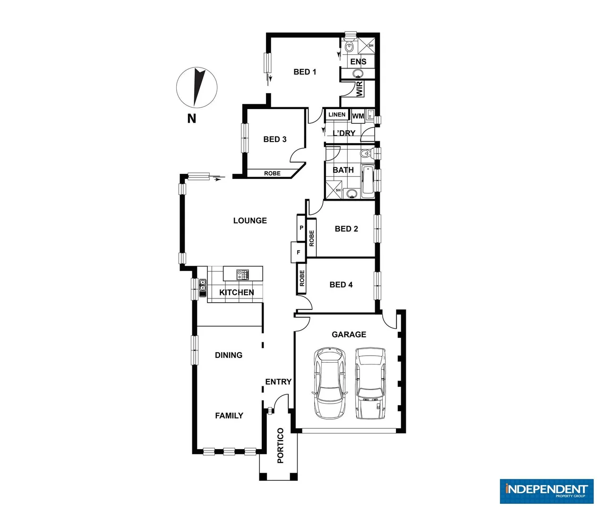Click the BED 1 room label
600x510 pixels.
click(305, 72)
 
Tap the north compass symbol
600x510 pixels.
click(197, 88)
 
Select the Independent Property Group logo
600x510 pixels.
click(546, 491)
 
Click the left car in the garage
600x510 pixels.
click(329, 383)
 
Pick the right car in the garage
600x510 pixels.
click(370, 383)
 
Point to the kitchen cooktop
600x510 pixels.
click(243, 273)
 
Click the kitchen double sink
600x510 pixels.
click(203, 287)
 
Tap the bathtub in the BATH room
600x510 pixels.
click(368, 181)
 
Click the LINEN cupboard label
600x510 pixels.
click(337, 115)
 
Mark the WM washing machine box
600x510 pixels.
click(358, 116)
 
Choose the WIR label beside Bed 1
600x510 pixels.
click(360, 89)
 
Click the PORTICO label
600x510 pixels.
click(281, 445)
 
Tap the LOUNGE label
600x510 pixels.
click(250, 221)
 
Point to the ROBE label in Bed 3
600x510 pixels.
click(272, 173)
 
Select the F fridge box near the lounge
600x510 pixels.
click(298, 252)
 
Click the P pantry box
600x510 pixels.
click(301, 228)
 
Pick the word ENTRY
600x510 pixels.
click(278, 382)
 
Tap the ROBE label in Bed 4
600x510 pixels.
click(302, 278)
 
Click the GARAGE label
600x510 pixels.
click(349, 334)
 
